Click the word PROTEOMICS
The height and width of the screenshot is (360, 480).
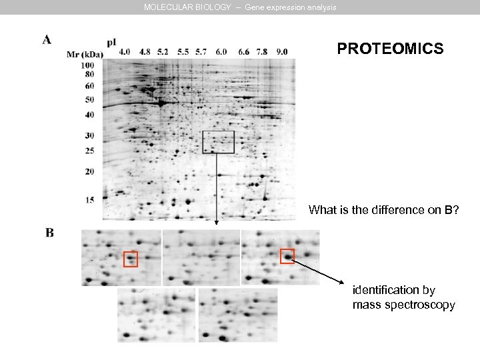coord(390,49)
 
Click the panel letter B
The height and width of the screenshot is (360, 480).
coord(49,233)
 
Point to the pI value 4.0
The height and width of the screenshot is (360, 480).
coord(125,51)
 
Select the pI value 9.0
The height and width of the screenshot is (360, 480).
coord(282,51)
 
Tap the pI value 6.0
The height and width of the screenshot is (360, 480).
coord(221,51)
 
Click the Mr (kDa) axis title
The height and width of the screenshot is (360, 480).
coord(85,55)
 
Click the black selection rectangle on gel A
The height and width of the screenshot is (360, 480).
coord(218,142)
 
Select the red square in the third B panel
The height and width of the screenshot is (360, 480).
coord(287,255)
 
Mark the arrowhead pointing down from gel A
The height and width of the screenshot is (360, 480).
coord(216,224)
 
